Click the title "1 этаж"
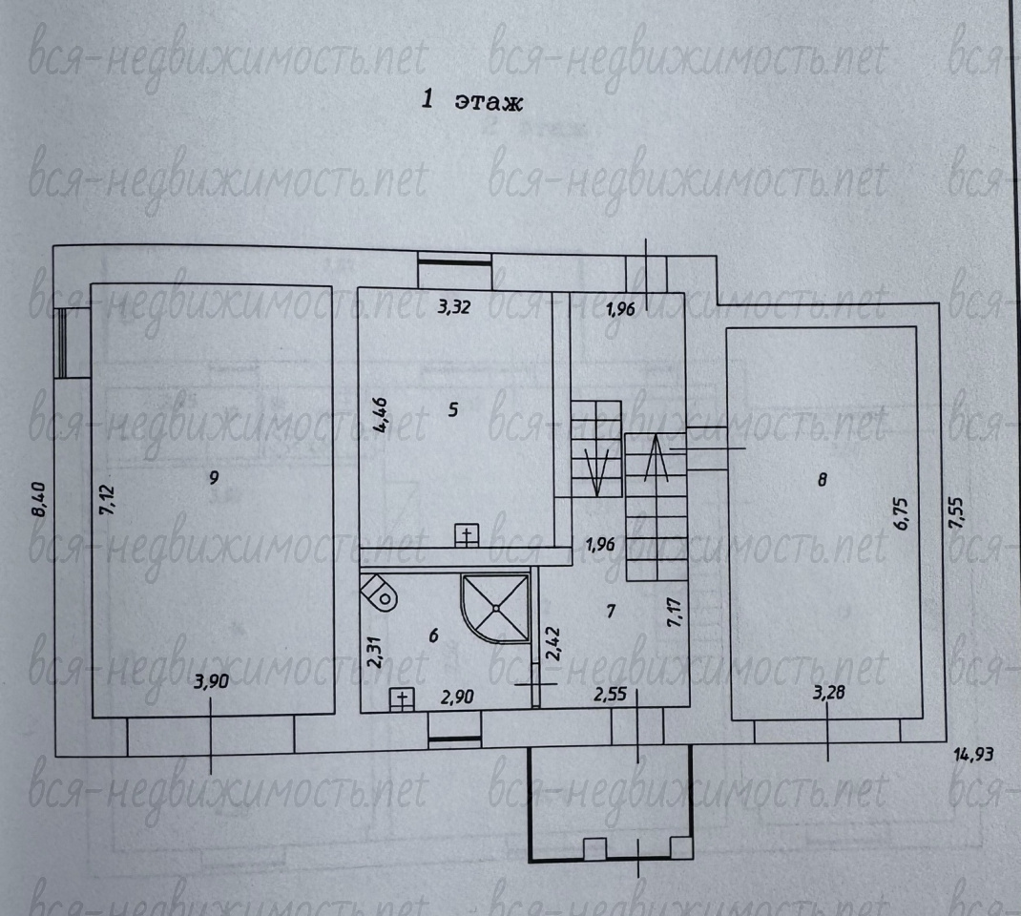pyautogui.click(x=472, y=100)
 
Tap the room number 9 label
pyautogui.click(x=214, y=478)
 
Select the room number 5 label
pyautogui.click(x=453, y=409)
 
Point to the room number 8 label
pyautogui.click(x=822, y=480)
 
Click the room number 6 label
pyautogui.click(x=433, y=635)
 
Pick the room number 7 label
pyautogui.click(x=610, y=611)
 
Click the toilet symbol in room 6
pyautogui.click(x=380, y=593)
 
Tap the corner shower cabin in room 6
pyautogui.click(x=495, y=607)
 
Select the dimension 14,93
pyautogui.click(x=973, y=755)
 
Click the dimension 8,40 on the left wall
pyautogui.click(x=38, y=499)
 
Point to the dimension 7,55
pyautogui.click(x=956, y=512)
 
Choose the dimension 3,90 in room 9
pyautogui.click(x=212, y=681)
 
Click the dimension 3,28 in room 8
pyautogui.click(x=829, y=692)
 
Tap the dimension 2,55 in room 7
pyautogui.click(x=610, y=694)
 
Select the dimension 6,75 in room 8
pyautogui.click(x=901, y=513)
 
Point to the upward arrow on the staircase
pyautogui.click(x=656, y=458)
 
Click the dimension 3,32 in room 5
pyautogui.click(x=453, y=306)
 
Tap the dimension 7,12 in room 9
pyautogui.click(x=106, y=500)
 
